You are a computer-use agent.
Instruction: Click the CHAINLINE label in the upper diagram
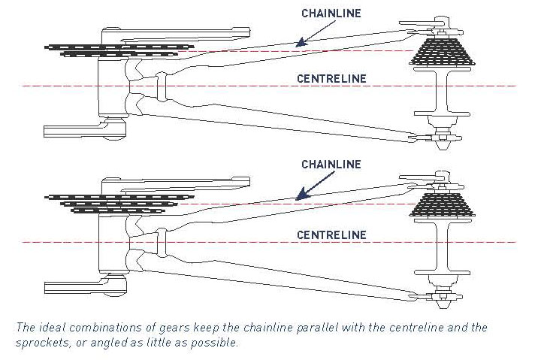(x=331, y=14)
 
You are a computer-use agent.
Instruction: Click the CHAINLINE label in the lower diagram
(x=331, y=165)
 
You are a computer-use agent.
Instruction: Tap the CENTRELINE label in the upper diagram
(x=331, y=79)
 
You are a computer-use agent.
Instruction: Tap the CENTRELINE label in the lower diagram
(x=331, y=235)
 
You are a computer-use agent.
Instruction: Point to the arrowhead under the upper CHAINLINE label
(x=301, y=42)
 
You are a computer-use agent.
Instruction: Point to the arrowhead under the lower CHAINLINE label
(x=301, y=195)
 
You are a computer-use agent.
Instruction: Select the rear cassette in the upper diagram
(x=442, y=52)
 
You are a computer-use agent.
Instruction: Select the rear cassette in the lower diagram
(x=442, y=204)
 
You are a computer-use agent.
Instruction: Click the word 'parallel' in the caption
(x=317, y=327)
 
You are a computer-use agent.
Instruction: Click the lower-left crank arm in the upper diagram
(x=85, y=129)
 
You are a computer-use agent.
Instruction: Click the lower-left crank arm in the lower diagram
(x=85, y=286)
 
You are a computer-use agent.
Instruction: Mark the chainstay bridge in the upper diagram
(x=161, y=86)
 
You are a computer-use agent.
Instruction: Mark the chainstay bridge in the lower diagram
(x=161, y=242)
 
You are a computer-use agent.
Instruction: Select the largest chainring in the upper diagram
(x=119, y=47)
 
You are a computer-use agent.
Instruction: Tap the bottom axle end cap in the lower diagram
(x=443, y=304)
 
